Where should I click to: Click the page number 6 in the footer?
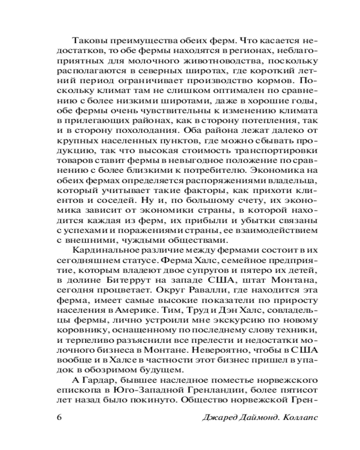59,416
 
